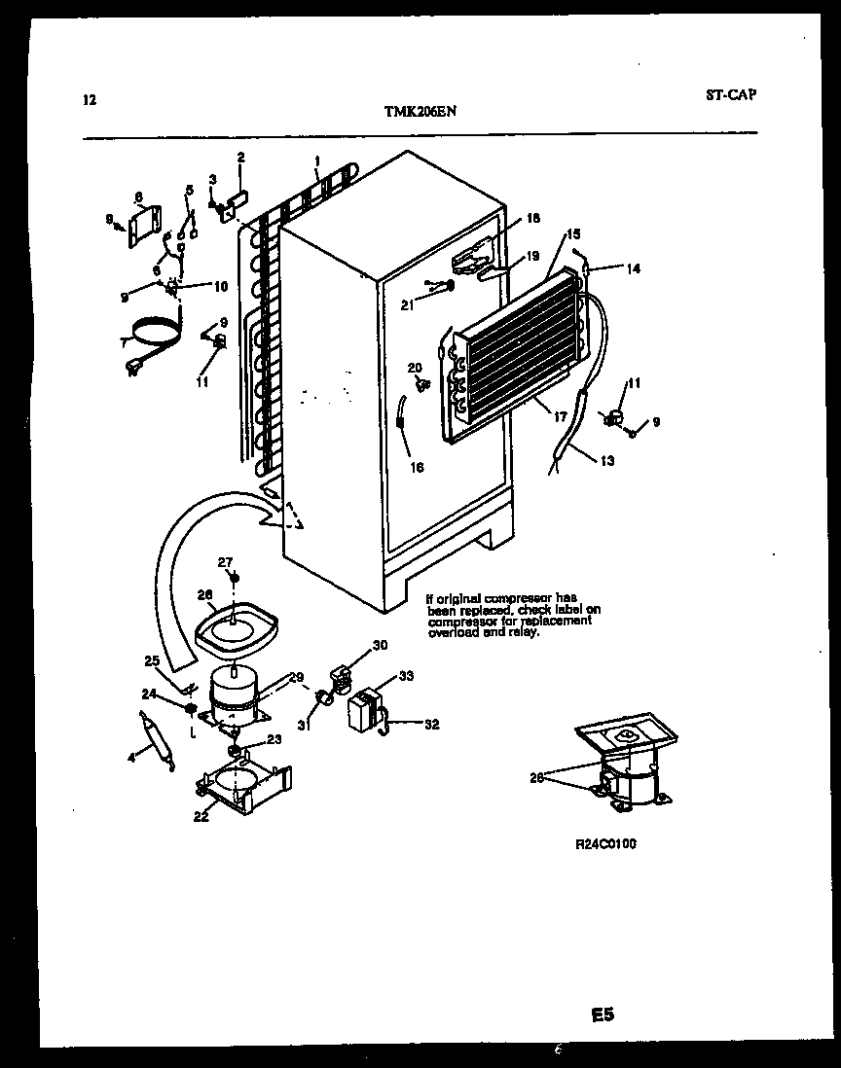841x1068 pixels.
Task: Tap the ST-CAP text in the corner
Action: [x=729, y=95]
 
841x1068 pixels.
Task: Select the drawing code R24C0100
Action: [x=605, y=844]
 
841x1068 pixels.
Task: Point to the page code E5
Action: [x=603, y=1015]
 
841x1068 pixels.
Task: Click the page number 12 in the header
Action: [x=90, y=98]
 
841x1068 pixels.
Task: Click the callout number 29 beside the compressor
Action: [x=296, y=677]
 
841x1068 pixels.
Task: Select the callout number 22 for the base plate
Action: [x=201, y=817]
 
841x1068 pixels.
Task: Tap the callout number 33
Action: [x=407, y=676]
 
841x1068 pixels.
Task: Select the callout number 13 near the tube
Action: [x=607, y=460]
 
